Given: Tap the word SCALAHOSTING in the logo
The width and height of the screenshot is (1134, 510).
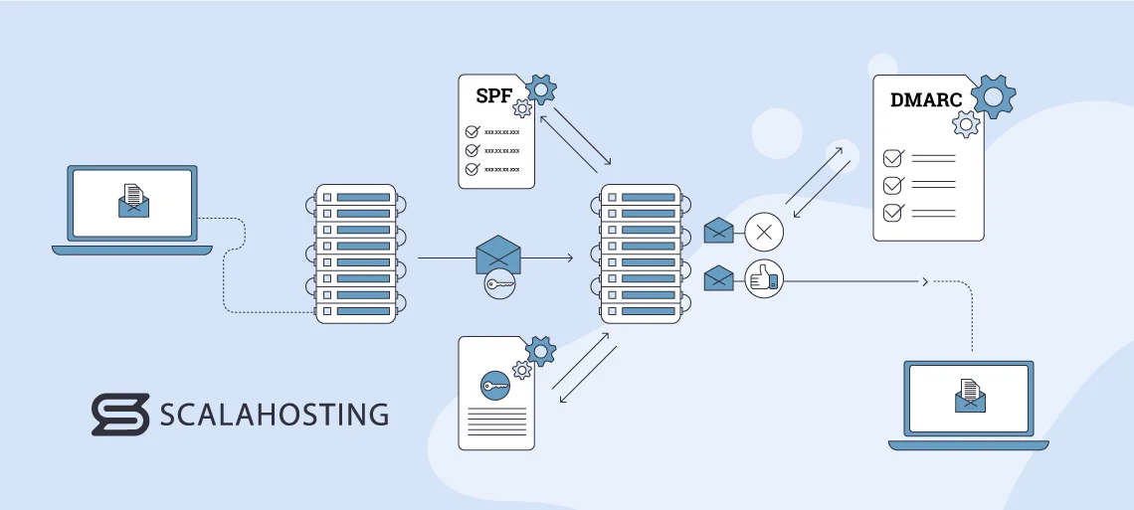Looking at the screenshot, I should (x=274, y=414).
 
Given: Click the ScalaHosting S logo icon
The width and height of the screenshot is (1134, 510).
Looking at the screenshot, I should (x=119, y=414).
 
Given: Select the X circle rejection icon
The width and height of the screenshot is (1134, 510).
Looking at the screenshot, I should (x=764, y=234).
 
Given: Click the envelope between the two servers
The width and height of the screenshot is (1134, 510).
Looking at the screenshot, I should (x=498, y=255).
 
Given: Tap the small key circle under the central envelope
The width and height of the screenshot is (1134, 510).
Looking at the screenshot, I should (x=499, y=285).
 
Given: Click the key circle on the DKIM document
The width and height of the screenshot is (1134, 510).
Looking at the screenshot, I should (x=494, y=385).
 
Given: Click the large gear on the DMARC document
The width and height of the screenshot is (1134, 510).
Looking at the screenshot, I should (x=993, y=96).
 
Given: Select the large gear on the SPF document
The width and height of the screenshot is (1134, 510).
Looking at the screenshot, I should (x=540, y=89).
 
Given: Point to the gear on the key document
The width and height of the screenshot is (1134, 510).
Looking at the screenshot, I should (x=540, y=350).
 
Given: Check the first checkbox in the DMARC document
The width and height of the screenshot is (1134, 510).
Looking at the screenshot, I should (x=893, y=158).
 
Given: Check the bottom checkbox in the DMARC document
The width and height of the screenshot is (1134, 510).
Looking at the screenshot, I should (x=893, y=212).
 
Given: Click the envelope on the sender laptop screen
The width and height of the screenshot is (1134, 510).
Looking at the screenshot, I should (x=132, y=201).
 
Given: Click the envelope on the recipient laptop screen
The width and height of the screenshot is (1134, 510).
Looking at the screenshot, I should (x=969, y=395).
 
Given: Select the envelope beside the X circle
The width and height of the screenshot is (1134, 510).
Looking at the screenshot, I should (x=718, y=232).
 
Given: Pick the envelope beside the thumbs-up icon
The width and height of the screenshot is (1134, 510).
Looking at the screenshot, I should (x=718, y=279).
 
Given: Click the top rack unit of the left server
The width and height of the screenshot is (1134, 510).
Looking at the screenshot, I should (x=355, y=197).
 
